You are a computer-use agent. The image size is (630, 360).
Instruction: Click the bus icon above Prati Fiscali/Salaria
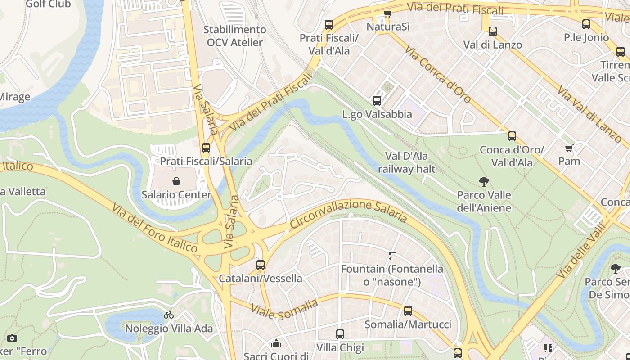coord(206,148)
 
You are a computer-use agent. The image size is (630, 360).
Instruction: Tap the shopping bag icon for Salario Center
coord(176,181)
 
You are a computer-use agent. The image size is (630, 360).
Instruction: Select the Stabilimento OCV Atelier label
coord(234,36)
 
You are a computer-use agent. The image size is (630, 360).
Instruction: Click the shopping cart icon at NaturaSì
coord(387,13)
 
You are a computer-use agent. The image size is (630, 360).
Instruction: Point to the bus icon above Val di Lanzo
coord(493,31)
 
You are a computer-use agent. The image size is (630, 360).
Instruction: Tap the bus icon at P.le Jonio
coord(586,24)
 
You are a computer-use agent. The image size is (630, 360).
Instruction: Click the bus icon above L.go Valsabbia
coord(377,101)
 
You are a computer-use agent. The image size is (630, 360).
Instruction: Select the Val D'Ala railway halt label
coord(407,162)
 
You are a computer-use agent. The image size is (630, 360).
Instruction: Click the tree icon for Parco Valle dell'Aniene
coord(484,182)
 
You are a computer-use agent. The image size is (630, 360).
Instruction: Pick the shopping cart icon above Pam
coord(569,148)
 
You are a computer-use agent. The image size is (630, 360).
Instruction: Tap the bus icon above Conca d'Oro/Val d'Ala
coord(512,136)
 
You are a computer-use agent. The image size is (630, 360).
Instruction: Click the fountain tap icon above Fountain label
coord(392,256)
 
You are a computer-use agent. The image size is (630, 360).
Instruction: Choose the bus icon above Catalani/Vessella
coord(261,265)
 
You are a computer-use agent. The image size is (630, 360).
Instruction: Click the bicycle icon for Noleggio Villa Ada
coord(169,315)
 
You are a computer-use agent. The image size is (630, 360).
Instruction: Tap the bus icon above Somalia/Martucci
coord(408,311)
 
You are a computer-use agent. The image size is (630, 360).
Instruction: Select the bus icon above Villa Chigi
coord(340,334)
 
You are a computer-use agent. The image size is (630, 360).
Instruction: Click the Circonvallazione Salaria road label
coord(348,212)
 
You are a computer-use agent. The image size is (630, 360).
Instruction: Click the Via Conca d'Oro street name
coord(437,74)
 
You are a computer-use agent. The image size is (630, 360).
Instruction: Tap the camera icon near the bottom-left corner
coord(12,338)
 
